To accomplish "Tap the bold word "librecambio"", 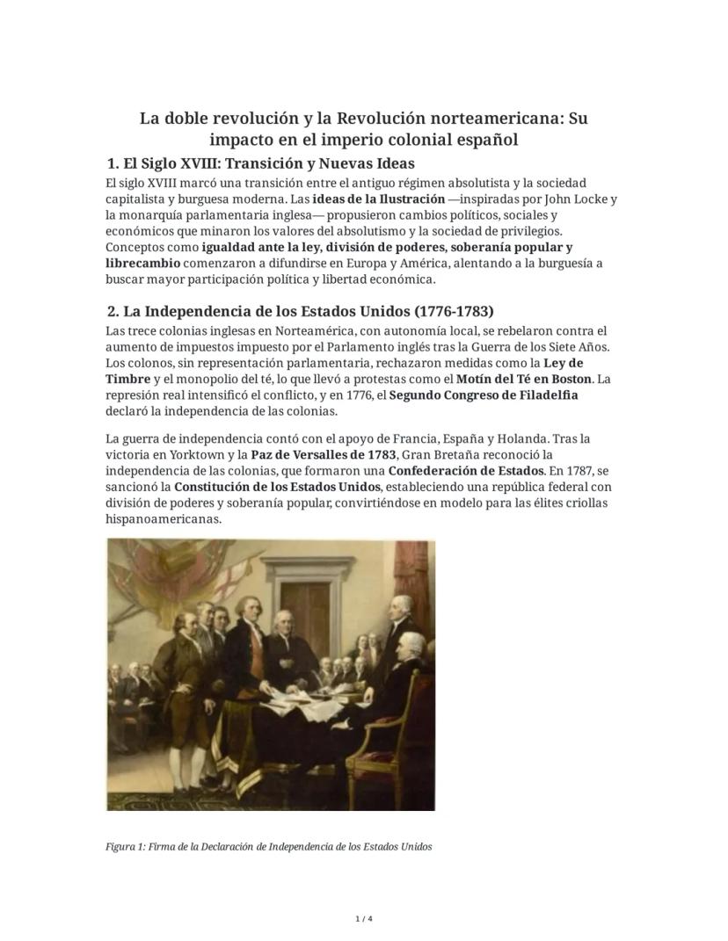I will (x=142, y=263).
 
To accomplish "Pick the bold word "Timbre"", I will (x=127, y=379).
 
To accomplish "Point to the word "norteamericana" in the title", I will (x=491, y=118).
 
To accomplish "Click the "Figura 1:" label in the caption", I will (x=125, y=847).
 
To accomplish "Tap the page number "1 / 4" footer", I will (x=364, y=919).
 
